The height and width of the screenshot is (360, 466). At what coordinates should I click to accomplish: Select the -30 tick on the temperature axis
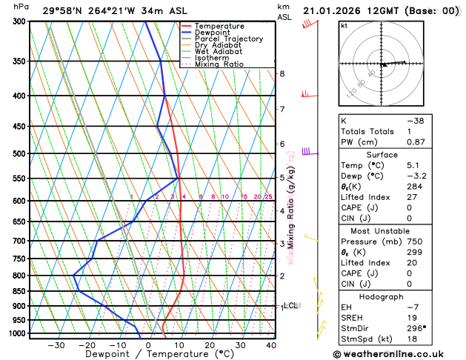coord(56,345)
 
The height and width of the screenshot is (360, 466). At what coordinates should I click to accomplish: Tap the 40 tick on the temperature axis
coord(271,345)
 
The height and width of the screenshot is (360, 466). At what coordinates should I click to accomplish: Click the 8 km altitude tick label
coord(282,74)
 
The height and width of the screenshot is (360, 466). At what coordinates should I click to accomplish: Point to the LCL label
coord(291,305)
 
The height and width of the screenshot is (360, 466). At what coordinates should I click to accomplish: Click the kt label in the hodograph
coord(344,26)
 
